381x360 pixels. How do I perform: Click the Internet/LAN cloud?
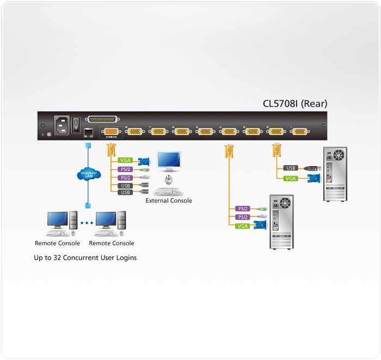87,175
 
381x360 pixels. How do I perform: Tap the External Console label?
169,200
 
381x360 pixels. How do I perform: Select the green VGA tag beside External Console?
125,161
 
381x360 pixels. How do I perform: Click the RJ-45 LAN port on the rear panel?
88,131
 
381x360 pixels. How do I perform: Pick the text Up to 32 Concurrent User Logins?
85,258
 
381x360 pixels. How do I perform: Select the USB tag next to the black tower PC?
291,168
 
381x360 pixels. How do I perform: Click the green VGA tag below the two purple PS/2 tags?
243,225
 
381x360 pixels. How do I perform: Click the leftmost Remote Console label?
57,243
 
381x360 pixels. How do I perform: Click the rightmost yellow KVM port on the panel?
300,131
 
